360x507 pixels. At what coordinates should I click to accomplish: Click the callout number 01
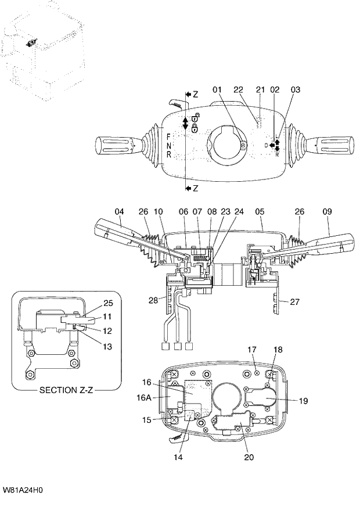point(217,90)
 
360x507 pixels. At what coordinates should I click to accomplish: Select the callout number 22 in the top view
point(238,90)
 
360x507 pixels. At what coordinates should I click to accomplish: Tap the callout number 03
point(296,90)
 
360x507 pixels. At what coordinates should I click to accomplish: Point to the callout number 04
point(119,212)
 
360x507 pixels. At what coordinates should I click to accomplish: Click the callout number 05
point(260,212)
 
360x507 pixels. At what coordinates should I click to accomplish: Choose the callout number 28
point(153,299)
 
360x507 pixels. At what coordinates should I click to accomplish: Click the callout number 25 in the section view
point(109,303)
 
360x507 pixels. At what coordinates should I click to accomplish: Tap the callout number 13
point(109,347)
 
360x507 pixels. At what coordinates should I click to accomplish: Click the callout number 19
point(304,400)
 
